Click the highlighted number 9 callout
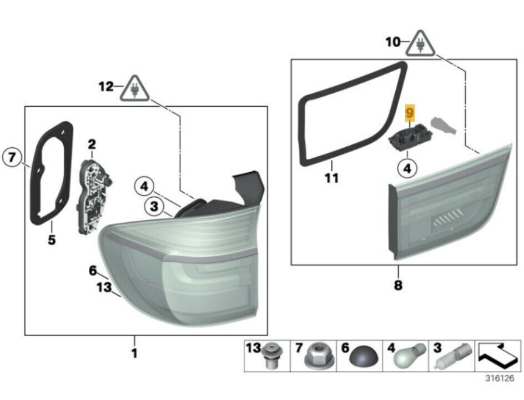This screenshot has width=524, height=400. click(x=410, y=112)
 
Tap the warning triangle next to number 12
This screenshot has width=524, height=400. click(x=135, y=89)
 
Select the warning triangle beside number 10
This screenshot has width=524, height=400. click(x=421, y=44)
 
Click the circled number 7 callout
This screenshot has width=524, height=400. click(x=12, y=157)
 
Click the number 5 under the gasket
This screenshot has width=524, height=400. click(x=52, y=240)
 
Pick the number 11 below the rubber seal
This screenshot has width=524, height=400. click(x=331, y=178)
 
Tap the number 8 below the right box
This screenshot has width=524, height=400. click(x=398, y=286)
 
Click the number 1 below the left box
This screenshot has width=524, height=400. click(x=134, y=353)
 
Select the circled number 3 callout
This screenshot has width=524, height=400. click(x=154, y=206)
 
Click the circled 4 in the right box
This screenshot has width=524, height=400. click(x=407, y=168)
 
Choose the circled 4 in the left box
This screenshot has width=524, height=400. click(x=144, y=186)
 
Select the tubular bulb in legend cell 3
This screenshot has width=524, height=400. click(x=453, y=356)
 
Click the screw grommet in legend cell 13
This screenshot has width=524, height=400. click(x=272, y=356)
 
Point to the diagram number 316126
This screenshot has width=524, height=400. click(x=500, y=379)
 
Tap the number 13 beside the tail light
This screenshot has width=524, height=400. click(x=104, y=287)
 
